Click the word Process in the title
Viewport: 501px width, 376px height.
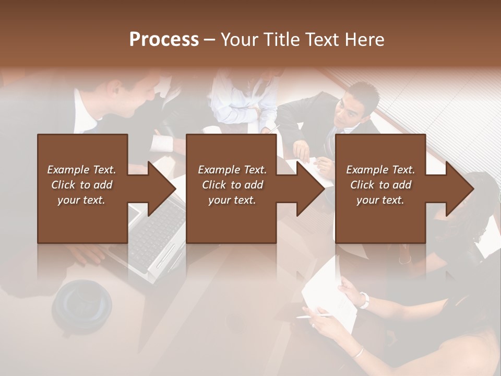coord(164,40)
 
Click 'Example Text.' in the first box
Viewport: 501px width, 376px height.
coord(81,170)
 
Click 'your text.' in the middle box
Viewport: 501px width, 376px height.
coord(232,200)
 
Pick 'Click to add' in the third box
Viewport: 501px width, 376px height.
coord(380,185)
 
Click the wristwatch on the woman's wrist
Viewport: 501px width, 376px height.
coord(364,300)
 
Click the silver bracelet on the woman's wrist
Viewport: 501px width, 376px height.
coord(357,352)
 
